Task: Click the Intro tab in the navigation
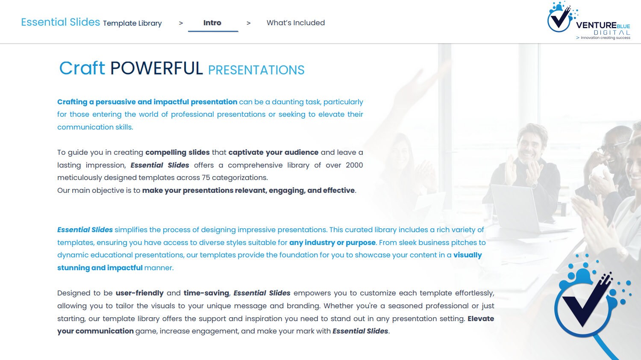(212, 23)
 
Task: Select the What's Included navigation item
(296, 23)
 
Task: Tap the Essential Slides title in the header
(60, 22)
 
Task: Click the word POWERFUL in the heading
(156, 68)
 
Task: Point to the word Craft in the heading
(82, 68)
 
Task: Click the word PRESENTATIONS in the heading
(256, 70)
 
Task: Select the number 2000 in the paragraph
(354, 165)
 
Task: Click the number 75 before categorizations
(206, 178)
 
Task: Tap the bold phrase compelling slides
(177, 153)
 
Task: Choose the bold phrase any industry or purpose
(332, 243)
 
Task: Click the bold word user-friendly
(140, 293)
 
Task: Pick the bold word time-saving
(206, 293)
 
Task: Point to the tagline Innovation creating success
(605, 38)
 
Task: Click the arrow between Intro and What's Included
(249, 23)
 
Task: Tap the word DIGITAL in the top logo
(612, 32)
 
